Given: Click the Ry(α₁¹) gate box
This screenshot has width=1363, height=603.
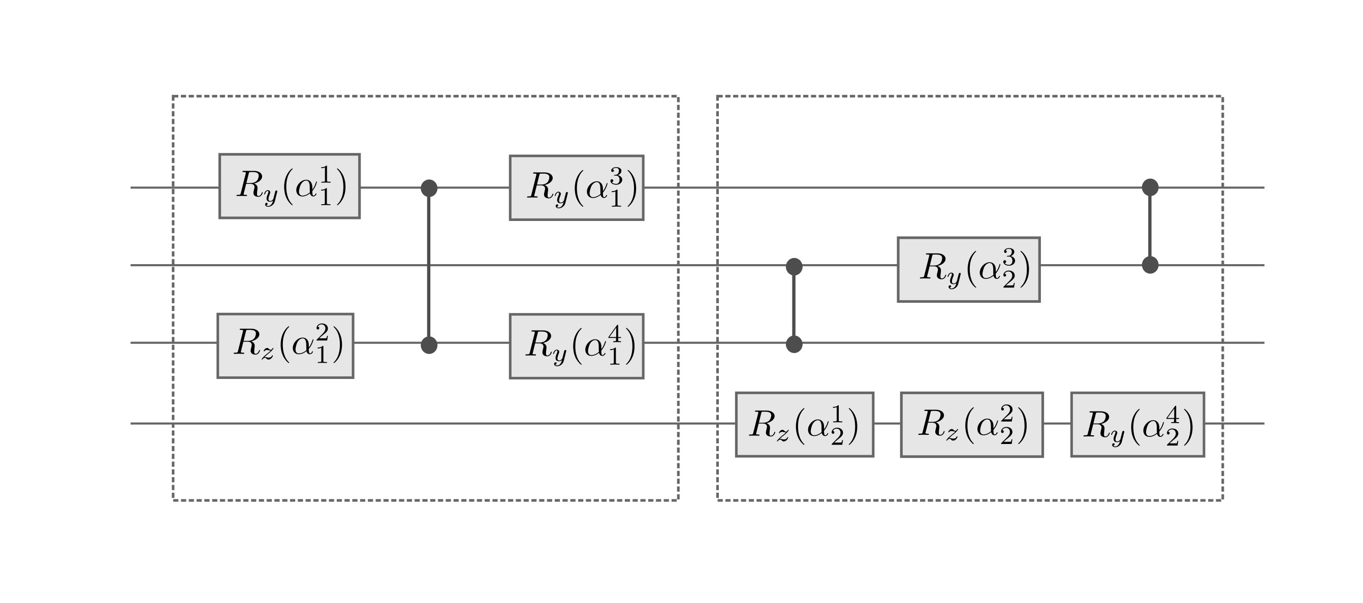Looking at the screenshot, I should coord(290,186).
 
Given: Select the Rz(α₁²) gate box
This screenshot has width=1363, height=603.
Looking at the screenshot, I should coord(285,346).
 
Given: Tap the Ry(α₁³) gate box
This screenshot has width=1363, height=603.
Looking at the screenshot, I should coord(576,188).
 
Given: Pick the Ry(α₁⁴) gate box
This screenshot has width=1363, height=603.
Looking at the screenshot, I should coord(576,346).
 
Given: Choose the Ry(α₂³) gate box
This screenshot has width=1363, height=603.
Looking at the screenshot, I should coord(968,270).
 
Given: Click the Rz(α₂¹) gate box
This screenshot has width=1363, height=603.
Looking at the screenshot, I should coord(804,425).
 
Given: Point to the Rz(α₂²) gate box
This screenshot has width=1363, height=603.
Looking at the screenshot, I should coord(971,425).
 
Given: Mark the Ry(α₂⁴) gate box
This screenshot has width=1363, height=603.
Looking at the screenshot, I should coord(1137,425).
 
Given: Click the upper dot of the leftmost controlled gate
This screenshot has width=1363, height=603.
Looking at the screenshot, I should coord(429,188).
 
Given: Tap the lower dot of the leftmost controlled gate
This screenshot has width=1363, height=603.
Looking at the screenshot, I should coord(429,345).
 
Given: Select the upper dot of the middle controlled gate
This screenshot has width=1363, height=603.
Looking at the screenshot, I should coord(794,267).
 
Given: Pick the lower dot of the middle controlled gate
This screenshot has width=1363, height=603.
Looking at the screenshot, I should coord(794,344).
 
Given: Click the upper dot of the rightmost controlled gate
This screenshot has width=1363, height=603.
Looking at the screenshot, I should coord(1150,187).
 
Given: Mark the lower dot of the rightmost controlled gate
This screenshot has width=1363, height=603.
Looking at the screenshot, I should coord(1150,265).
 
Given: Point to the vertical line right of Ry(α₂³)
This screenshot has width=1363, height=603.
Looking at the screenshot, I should coord(1150,226).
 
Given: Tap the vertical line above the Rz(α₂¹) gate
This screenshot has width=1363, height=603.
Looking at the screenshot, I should coord(794,306).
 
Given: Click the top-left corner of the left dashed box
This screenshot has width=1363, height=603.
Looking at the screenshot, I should coord(173,97).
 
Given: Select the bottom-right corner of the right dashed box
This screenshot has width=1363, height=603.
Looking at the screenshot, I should coord(1222,500).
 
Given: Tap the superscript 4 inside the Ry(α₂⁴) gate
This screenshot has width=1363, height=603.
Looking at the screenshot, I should coord(1172,415).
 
